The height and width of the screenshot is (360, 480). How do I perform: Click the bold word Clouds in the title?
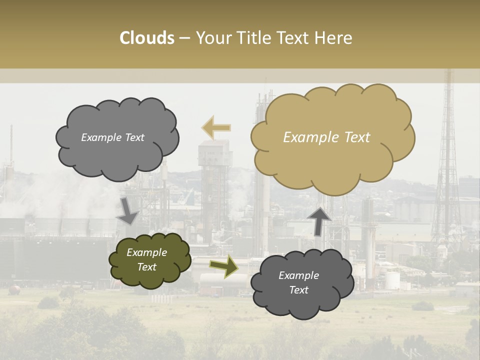(147, 38)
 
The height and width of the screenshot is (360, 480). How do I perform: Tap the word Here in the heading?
(334, 38)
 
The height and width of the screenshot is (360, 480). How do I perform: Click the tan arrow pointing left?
(216, 128)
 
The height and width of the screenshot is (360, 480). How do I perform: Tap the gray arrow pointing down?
(127, 210)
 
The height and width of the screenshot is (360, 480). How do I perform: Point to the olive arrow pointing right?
(223, 265)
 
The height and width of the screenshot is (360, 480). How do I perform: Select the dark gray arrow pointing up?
(319, 220)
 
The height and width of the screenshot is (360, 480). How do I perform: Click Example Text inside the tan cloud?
(326, 137)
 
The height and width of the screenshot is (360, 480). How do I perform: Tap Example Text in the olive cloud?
(146, 259)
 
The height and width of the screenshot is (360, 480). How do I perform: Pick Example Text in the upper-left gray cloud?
(112, 137)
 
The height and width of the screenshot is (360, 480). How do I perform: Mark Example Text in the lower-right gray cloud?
(298, 282)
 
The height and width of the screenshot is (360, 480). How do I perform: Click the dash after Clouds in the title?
(184, 38)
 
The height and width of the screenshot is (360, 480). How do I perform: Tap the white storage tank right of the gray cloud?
(392, 280)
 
